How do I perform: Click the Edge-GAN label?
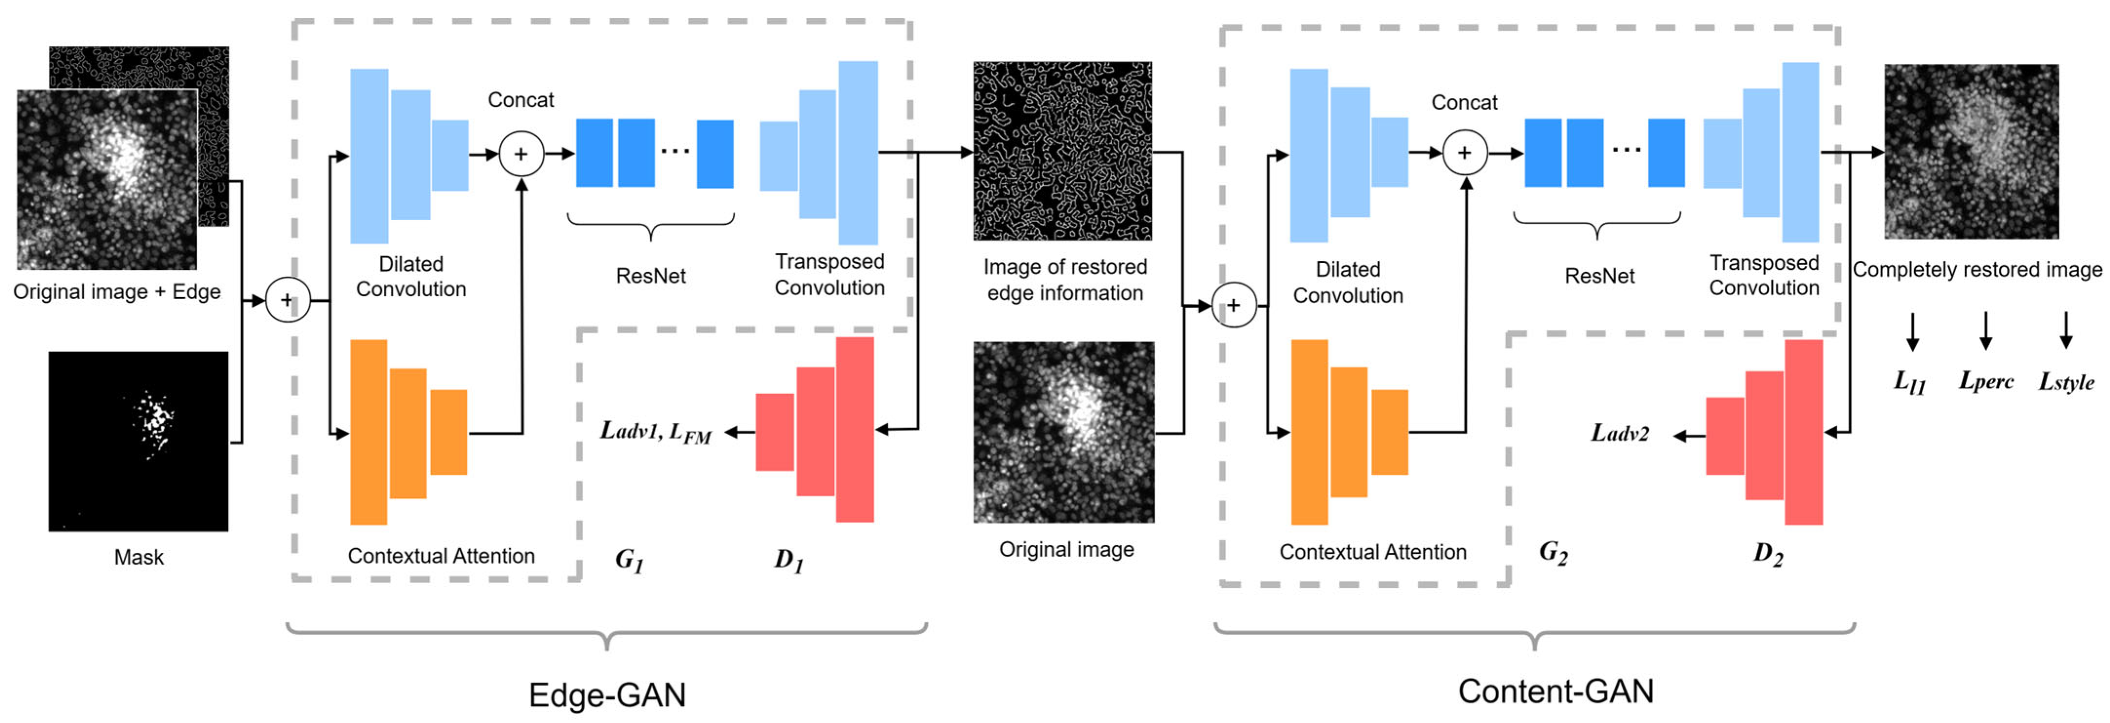[x=607, y=694]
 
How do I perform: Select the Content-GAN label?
[x=1556, y=691]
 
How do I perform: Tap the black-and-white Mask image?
[x=138, y=441]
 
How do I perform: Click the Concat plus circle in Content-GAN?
[x=1464, y=153]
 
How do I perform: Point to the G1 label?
[x=629, y=560]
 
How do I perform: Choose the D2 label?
[x=1768, y=554]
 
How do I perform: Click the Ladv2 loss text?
[x=1619, y=433]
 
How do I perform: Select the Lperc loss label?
[x=1985, y=381]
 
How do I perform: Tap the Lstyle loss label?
[x=2066, y=381]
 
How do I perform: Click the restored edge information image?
[x=1063, y=152]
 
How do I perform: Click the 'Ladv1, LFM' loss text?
[x=655, y=432]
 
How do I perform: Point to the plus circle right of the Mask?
[x=287, y=301]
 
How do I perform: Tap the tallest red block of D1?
[x=855, y=429]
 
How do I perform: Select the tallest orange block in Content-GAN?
[x=1309, y=432]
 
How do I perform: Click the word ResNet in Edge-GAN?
[x=650, y=276]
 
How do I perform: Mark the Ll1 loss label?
[x=1910, y=381]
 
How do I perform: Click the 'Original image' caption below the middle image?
[x=1066, y=550]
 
